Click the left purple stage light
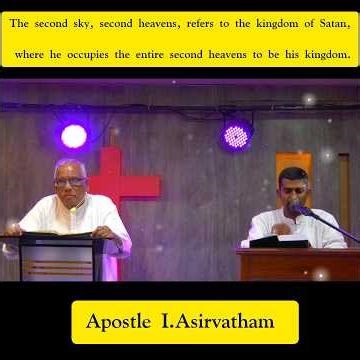pos(74,135)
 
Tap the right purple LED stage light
pos(236,136)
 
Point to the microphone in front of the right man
pos(300,209)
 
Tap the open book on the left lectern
pos(55,235)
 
